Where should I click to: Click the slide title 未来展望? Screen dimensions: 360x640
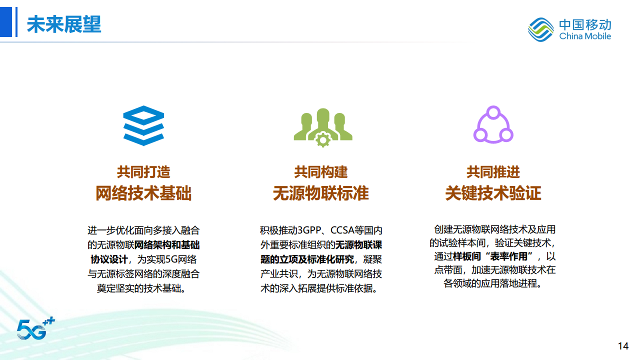pos(64,24)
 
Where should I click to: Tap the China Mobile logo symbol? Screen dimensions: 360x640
pos(540,29)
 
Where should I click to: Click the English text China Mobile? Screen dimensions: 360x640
pos(585,36)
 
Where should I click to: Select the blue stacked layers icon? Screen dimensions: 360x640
pos(143,125)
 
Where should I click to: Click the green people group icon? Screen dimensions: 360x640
pos(322,126)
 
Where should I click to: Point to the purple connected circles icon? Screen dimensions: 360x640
pos(493,124)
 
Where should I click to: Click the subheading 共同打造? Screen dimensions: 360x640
pos(143,172)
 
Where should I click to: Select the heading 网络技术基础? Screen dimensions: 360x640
pos(143,193)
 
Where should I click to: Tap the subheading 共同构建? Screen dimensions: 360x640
pos(320,172)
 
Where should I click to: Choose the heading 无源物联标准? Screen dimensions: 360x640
pos(320,193)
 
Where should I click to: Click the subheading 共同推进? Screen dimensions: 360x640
pos(493,172)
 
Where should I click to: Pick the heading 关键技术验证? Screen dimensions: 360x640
pos(493,193)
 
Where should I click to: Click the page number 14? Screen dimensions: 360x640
pos(623,346)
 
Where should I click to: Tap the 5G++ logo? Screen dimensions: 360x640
pos(35,327)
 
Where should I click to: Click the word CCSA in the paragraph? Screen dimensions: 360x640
pos(342,230)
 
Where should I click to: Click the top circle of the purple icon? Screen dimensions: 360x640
pos(493,112)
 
